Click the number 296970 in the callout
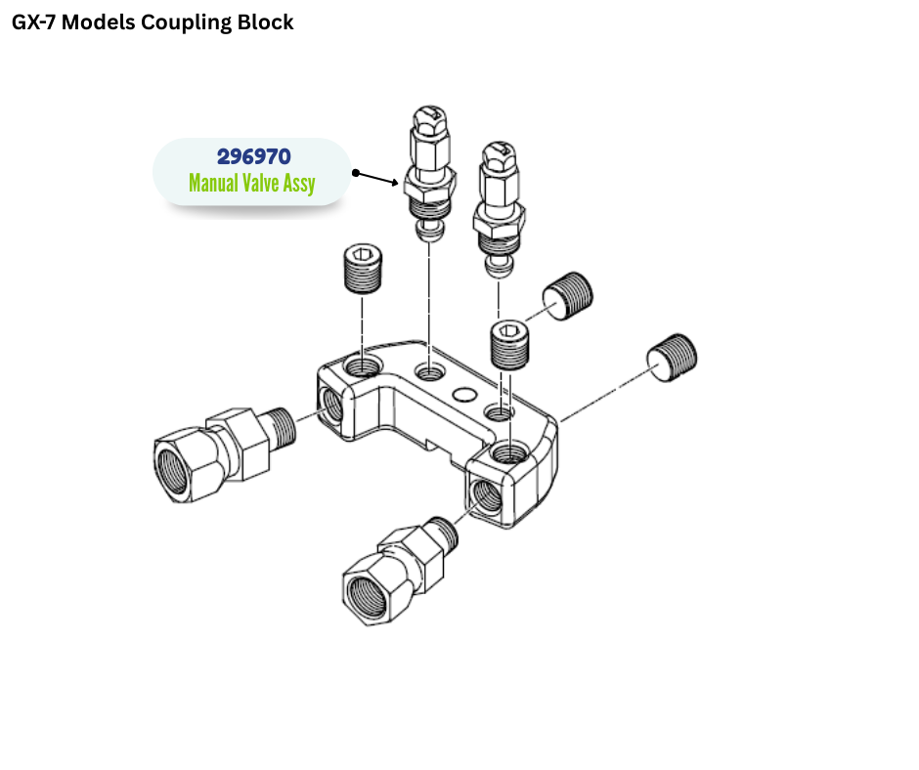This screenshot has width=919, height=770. [253, 156]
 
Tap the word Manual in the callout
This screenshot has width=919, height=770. [214, 183]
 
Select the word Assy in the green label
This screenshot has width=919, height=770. [298, 184]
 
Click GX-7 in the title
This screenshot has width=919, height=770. [38, 22]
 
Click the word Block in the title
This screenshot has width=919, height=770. [265, 22]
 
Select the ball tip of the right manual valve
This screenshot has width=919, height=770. [499, 267]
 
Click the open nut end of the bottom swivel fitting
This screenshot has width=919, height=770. [370, 592]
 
